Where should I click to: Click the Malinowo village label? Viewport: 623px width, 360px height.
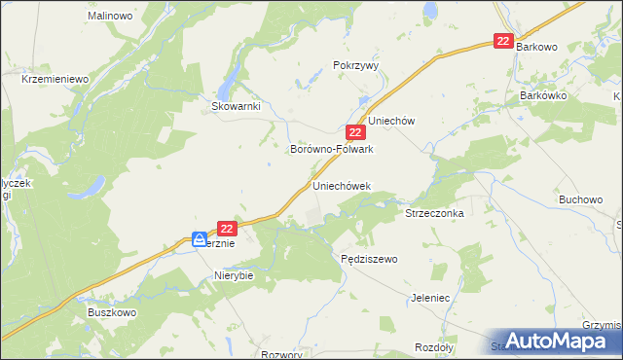(x=110, y=17)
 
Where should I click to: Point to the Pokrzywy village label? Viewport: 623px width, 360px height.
(x=355, y=65)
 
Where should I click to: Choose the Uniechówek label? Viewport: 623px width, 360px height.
(x=342, y=185)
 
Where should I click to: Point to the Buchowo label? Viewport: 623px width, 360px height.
(x=580, y=199)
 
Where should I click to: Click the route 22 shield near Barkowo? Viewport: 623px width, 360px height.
(x=503, y=41)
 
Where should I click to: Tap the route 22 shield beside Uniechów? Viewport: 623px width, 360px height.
(x=355, y=132)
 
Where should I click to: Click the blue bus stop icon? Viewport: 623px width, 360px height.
(x=199, y=238)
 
